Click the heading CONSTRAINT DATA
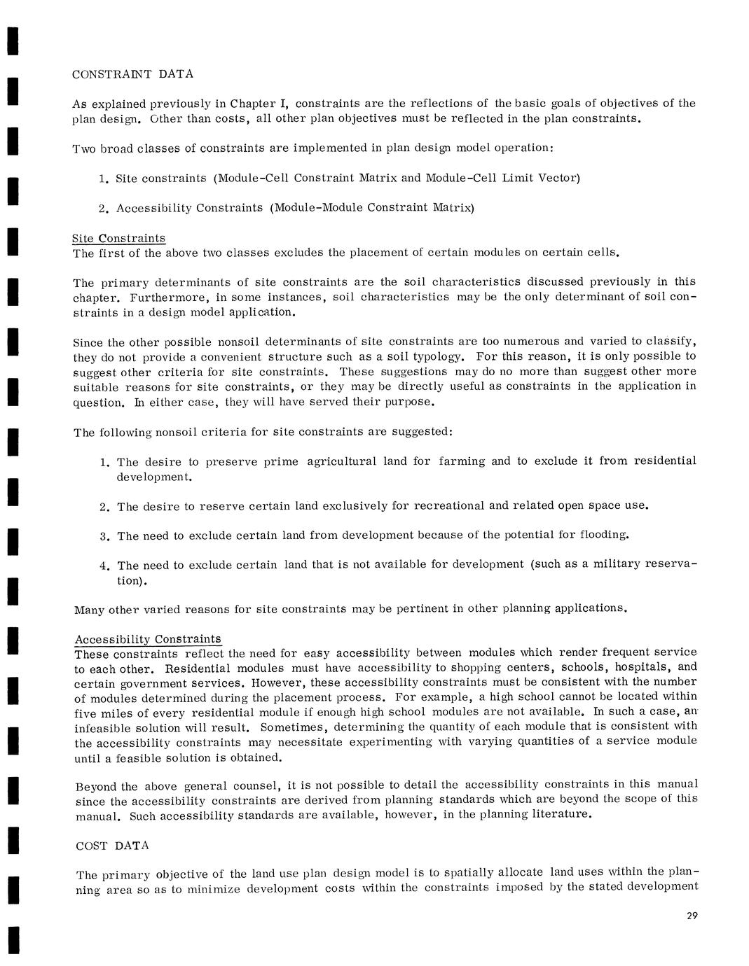[133, 73]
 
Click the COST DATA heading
[112, 846]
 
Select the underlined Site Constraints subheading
[119, 239]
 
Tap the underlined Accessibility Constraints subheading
[148, 639]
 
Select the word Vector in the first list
[557, 178]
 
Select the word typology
[433, 356]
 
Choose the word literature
[558, 815]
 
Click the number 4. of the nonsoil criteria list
[104, 566]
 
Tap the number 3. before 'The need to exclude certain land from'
[104, 536]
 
